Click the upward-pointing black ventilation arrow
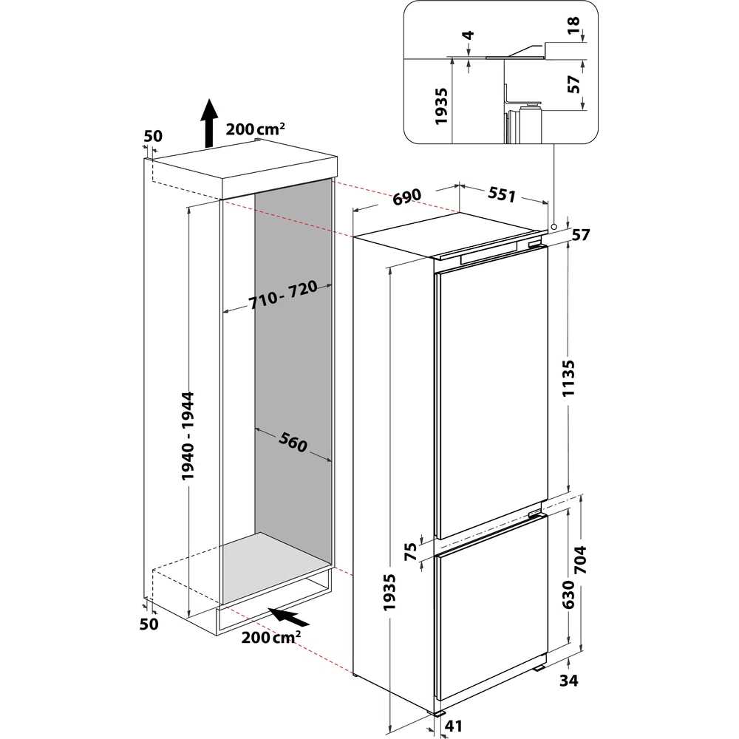pyautogui.click(x=209, y=123)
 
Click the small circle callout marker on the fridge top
pyautogui.click(x=553, y=227)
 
